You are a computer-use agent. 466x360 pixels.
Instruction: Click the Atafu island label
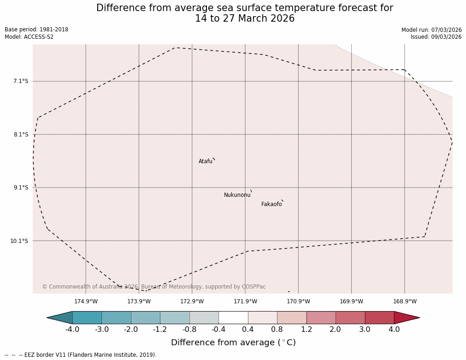(x=206, y=161)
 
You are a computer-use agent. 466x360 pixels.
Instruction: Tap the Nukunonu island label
(x=237, y=195)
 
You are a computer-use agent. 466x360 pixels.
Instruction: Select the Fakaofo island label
(x=271, y=204)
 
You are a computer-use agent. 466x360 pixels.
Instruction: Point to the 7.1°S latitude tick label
(x=21, y=81)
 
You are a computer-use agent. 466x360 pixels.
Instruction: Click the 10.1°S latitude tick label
(x=19, y=241)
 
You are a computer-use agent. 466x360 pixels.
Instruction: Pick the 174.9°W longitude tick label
(x=86, y=301)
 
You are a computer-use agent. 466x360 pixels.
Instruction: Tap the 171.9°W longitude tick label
(x=245, y=301)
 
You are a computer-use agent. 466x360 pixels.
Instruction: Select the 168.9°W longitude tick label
(x=405, y=301)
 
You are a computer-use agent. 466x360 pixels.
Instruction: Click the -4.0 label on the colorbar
(x=72, y=330)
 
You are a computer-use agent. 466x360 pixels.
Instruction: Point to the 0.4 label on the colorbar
(x=248, y=330)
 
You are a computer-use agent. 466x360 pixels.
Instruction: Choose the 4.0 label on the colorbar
(x=394, y=330)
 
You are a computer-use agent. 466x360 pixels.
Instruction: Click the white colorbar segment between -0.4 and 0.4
(x=233, y=318)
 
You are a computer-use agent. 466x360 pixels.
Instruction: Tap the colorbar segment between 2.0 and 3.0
(x=350, y=318)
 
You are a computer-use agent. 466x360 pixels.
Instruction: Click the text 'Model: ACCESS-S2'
(x=29, y=37)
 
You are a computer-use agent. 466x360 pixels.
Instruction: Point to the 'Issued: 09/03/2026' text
(x=436, y=37)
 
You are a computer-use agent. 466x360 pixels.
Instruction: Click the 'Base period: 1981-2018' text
(x=36, y=30)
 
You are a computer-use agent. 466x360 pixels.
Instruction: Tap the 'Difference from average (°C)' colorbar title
(x=233, y=342)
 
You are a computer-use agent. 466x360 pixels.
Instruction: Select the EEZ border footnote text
(x=81, y=355)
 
